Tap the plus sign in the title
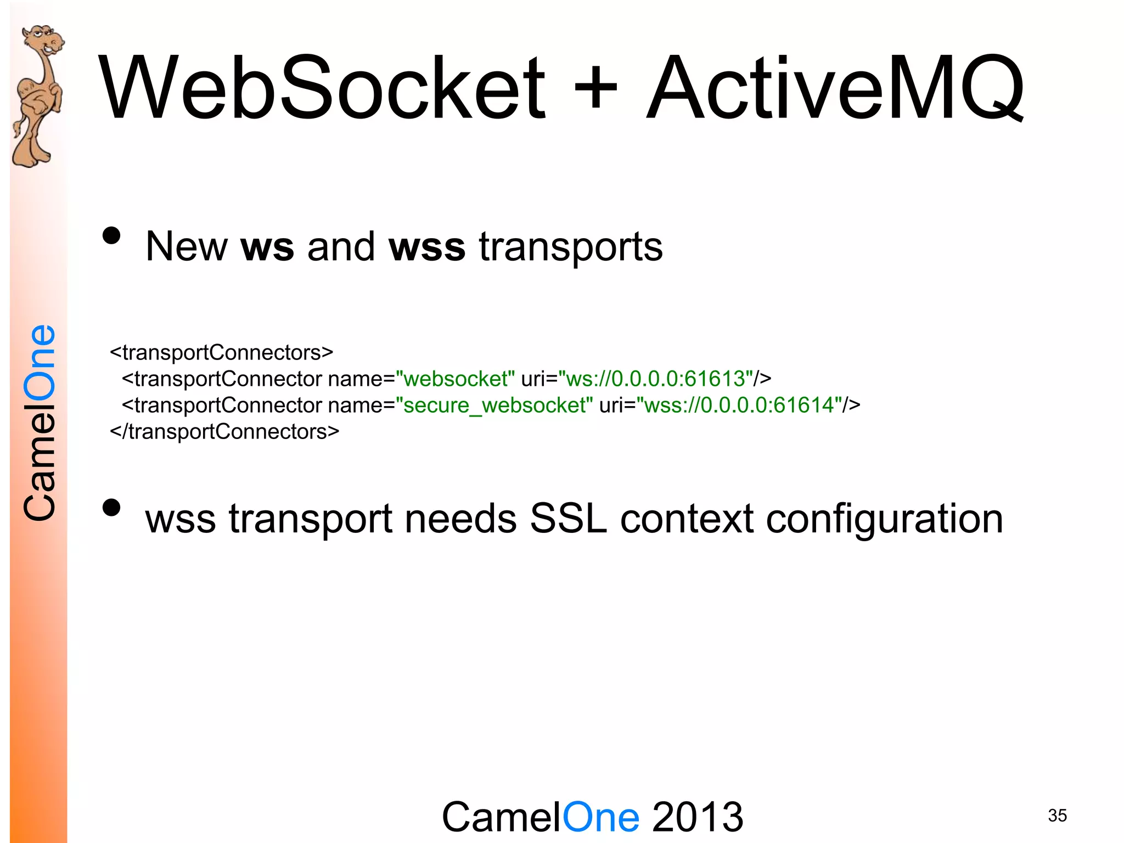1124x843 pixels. pos(595,88)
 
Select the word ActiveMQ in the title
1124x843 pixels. pos(834,88)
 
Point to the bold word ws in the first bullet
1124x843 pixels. pos(267,247)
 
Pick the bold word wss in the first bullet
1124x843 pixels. pos(427,247)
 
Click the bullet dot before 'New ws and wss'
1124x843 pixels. pos(111,236)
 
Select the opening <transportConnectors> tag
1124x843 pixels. pos(222,352)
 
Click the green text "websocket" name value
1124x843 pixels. pos(455,379)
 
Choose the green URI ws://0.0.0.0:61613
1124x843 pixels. pos(655,379)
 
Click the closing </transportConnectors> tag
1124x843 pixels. pos(224,432)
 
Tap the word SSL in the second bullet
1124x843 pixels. pos(568,519)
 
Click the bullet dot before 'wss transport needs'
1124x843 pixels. pos(111,508)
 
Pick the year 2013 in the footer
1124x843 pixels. pos(698,817)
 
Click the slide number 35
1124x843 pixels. pos(1057,816)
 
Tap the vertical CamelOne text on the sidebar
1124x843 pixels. pos(40,423)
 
